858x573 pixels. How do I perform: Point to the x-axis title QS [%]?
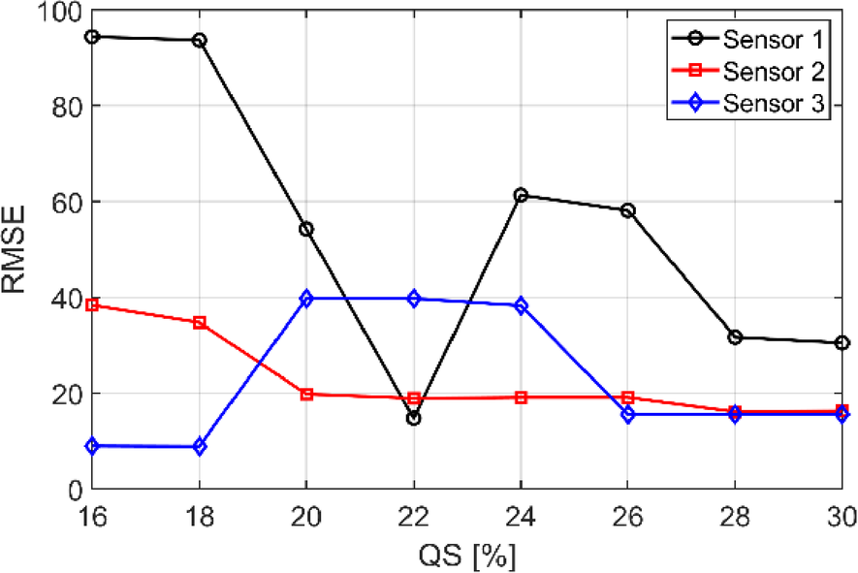click(x=468, y=556)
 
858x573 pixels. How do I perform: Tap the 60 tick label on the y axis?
click(x=67, y=203)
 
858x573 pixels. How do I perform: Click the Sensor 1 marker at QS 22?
click(x=414, y=419)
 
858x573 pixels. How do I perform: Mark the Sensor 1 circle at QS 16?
click(x=92, y=37)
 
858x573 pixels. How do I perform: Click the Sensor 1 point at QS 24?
click(x=521, y=196)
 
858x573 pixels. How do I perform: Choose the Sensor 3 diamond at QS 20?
click(x=306, y=299)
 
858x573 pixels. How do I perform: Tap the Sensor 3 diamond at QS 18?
click(x=200, y=447)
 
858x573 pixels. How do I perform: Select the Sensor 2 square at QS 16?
click(x=92, y=305)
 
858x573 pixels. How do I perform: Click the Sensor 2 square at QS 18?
click(x=200, y=323)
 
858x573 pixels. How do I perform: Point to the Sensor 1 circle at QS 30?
click(x=842, y=343)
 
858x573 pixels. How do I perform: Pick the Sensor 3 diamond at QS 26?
click(x=628, y=415)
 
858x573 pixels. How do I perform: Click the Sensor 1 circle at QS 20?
click(x=306, y=230)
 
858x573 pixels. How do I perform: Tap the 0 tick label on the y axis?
click(x=74, y=491)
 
